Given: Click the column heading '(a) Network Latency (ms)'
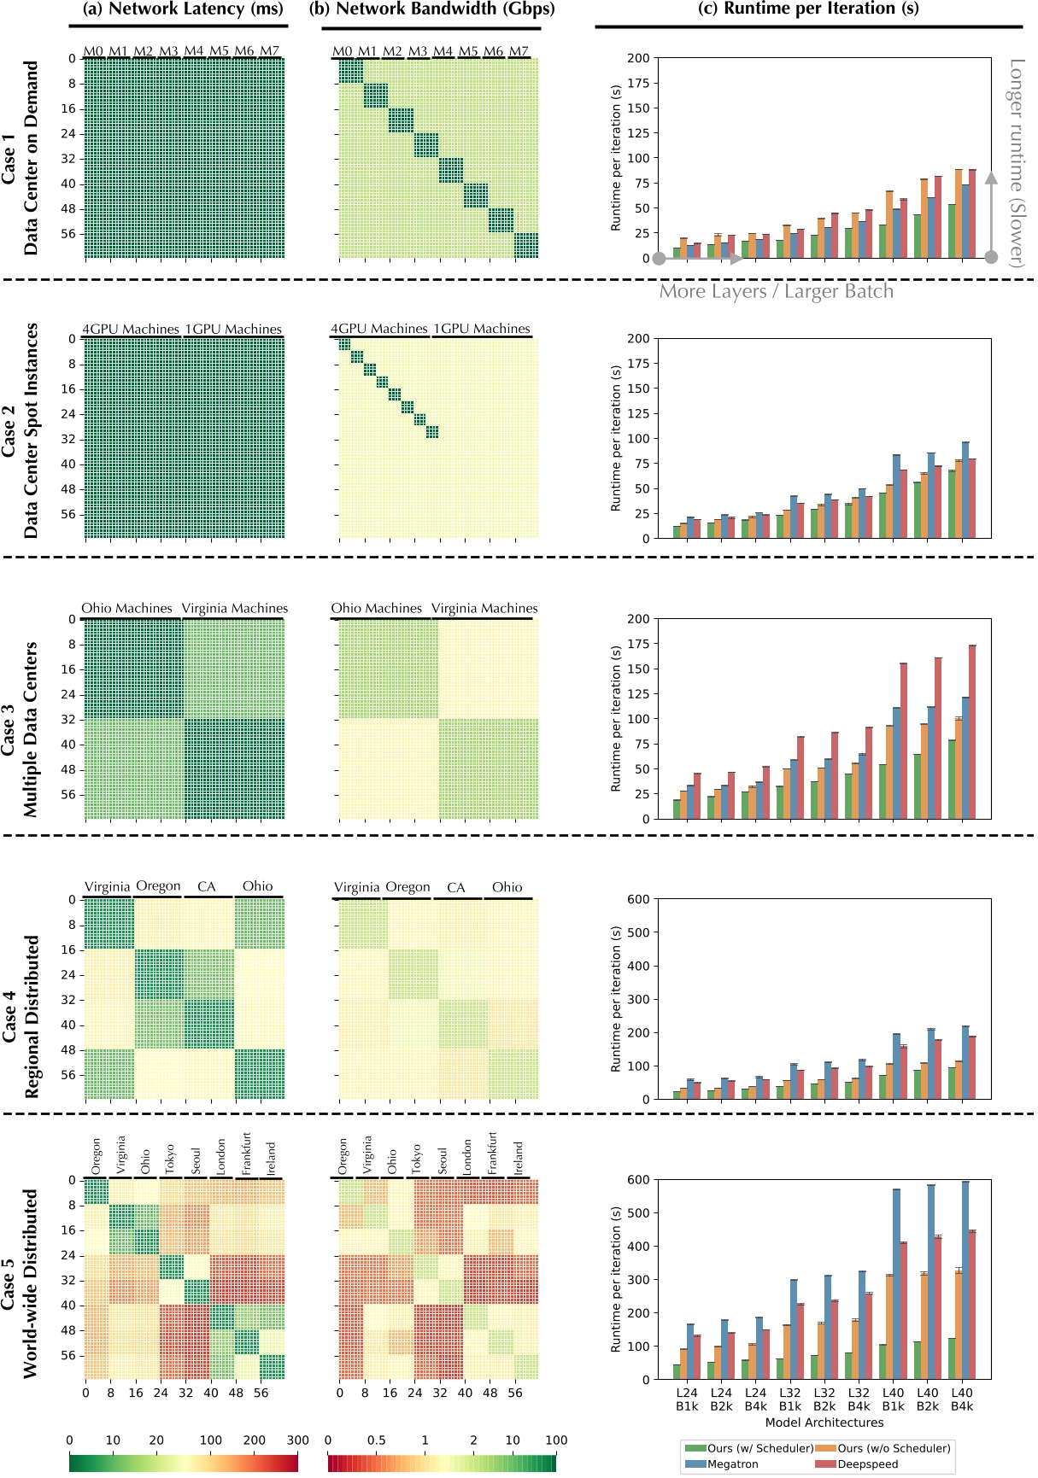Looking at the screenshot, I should (x=182, y=9).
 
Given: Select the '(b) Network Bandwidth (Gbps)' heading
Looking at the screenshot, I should (x=431, y=9).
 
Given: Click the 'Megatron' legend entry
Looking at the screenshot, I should (x=732, y=1463).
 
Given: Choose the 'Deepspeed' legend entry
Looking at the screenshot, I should (x=867, y=1463).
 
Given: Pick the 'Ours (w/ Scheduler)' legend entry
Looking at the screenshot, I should (x=759, y=1448).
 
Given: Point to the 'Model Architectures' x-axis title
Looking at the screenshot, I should (x=824, y=1423).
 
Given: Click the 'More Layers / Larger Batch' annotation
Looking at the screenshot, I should (x=776, y=291).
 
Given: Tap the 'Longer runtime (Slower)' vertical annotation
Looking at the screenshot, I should (x=1016, y=162).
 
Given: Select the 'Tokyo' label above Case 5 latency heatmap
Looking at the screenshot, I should (x=169, y=1159).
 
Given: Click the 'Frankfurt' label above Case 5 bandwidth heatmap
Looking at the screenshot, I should (x=492, y=1154).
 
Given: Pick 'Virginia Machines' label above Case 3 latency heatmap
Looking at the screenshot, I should (x=235, y=609).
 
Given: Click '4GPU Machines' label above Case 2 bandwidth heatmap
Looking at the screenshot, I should (x=379, y=329).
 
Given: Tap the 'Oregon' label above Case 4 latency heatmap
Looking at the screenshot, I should (x=158, y=886).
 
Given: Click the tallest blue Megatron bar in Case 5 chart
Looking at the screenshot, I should (x=965, y=1281).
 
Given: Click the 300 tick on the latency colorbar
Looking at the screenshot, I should (x=297, y=1440).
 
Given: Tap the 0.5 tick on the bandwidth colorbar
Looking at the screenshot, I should (x=376, y=1440).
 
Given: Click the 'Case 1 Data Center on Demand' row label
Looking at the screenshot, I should (x=21, y=158).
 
